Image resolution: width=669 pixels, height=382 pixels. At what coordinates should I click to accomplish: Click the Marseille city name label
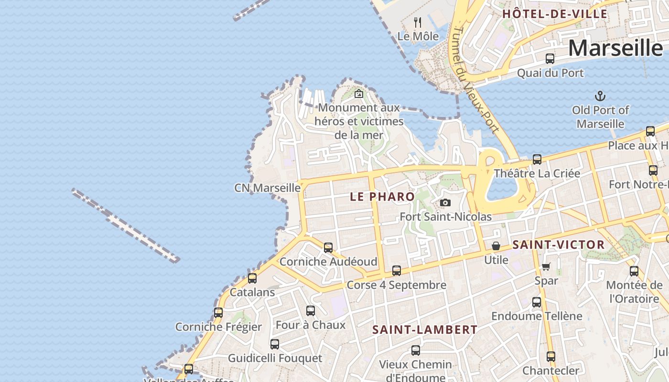click(615, 48)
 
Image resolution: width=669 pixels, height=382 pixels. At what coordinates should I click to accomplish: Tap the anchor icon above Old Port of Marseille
click(600, 96)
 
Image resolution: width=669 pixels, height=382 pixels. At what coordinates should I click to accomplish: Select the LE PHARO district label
click(382, 197)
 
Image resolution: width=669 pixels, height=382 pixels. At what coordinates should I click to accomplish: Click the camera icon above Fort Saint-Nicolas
click(445, 203)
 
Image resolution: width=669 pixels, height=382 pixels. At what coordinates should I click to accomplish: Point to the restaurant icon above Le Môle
click(418, 22)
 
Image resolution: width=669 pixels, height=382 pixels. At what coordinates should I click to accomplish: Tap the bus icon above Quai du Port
click(550, 59)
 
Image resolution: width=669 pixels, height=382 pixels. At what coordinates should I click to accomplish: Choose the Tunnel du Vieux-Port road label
click(475, 79)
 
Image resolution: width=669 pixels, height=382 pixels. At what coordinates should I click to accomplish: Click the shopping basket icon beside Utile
click(496, 246)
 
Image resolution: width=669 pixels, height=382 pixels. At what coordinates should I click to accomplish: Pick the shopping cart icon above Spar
click(546, 266)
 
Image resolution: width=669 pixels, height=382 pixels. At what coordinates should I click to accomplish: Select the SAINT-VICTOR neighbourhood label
click(558, 245)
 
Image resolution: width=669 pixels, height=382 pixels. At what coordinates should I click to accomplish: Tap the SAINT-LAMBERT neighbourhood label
click(425, 329)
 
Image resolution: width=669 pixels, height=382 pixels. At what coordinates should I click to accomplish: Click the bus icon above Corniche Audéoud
click(328, 248)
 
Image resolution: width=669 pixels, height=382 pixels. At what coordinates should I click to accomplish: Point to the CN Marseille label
click(267, 188)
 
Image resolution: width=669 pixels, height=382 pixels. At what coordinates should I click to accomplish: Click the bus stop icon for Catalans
click(252, 278)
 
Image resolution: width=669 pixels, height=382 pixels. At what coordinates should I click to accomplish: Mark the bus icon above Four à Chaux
click(311, 311)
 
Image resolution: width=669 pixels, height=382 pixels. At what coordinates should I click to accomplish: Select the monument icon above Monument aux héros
click(359, 94)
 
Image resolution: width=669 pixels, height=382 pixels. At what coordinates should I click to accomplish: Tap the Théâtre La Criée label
click(537, 173)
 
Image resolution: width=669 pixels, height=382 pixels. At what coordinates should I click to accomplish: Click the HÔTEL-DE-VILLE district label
click(555, 14)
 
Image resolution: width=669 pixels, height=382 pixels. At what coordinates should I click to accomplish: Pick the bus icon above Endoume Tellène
click(537, 302)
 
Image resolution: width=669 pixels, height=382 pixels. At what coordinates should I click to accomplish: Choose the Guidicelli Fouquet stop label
click(275, 358)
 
